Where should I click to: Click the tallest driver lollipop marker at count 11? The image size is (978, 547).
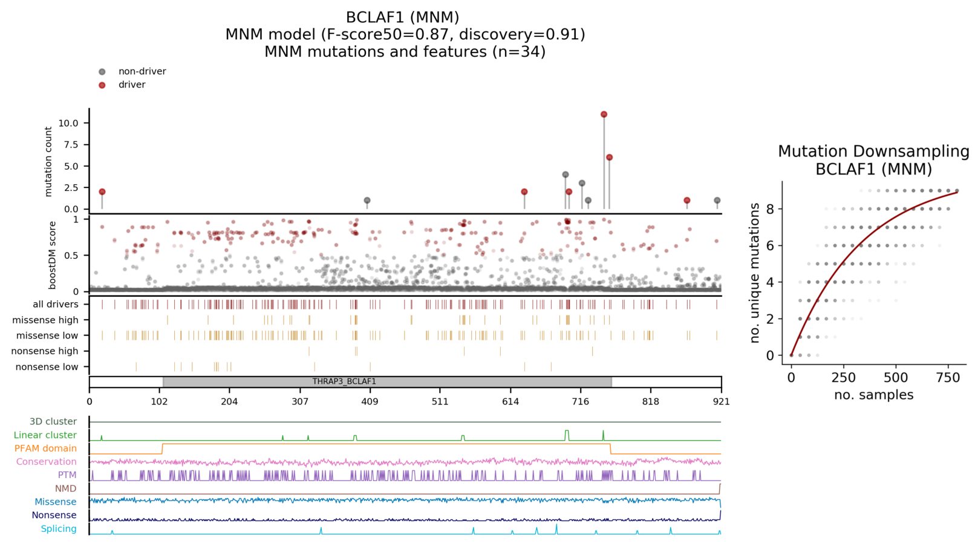click(604, 114)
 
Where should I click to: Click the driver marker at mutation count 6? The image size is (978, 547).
click(609, 157)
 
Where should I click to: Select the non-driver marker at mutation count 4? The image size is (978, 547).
click(566, 175)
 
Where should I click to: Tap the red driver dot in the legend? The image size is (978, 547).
click(102, 85)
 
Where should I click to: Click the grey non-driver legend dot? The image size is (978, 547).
click(102, 72)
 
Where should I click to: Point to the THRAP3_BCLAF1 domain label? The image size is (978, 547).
click(344, 381)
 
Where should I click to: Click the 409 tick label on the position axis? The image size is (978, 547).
click(370, 401)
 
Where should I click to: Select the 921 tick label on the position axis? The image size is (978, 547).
click(720, 401)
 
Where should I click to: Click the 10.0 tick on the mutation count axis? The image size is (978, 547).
click(68, 123)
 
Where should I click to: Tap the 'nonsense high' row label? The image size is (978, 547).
click(45, 351)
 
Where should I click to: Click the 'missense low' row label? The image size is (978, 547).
click(47, 335)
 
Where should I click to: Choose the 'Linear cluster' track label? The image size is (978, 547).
click(45, 435)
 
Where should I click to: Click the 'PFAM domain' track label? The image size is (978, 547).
click(45, 448)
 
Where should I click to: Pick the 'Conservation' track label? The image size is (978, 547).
click(47, 462)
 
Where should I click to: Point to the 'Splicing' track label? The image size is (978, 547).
click(59, 529)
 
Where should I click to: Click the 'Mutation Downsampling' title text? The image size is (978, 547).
click(873, 151)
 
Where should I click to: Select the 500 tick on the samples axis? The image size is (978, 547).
click(895, 378)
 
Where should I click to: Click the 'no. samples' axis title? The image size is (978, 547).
click(873, 395)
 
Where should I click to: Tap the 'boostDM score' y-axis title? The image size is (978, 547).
click(53, 254)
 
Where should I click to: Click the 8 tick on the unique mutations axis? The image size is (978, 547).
click(770, 209)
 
